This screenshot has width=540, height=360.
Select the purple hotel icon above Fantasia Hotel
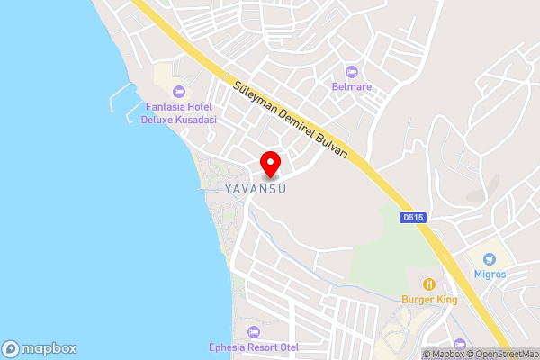[178, 91]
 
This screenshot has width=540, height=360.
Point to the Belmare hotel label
[351, 87]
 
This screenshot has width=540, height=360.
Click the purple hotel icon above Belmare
[351, 71]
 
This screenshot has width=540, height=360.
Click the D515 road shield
[413, 217]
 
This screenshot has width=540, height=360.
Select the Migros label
[490, 274]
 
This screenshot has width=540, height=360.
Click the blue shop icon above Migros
[490, 258]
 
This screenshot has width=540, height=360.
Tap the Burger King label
[429, 299]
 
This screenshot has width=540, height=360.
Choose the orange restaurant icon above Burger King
[429, 283]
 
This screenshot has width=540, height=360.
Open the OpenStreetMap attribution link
[500, 354]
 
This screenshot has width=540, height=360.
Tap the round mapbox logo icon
[11, 348]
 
